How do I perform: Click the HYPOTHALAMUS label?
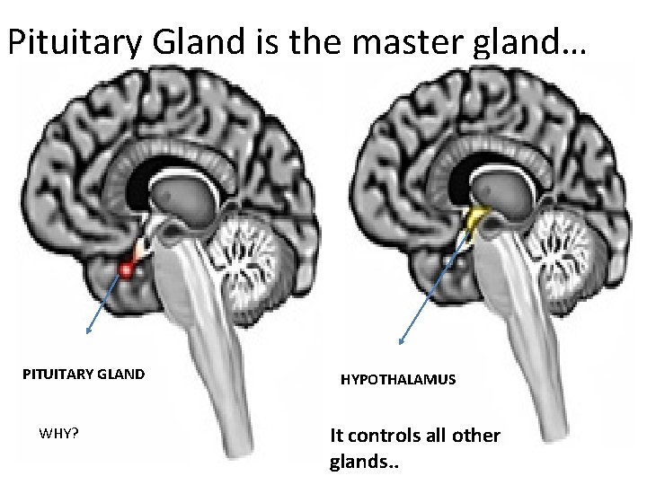click(398, 380)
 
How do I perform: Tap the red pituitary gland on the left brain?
click(129, 268)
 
